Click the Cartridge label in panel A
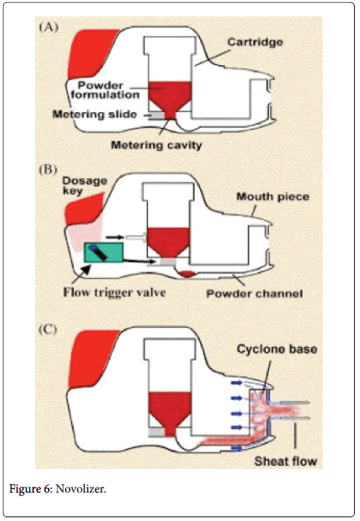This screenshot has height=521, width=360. coord(255,42)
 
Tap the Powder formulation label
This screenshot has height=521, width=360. coord(105,90)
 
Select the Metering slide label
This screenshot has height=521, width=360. coord(95,114)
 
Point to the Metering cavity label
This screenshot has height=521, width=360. coord(156,145)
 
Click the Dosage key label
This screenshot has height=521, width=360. coord(84,185)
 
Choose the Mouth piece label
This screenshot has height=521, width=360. coord(273,197)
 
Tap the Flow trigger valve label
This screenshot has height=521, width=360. coord(114,292)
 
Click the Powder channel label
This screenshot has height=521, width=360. coord(255,294)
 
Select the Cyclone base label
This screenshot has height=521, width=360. coord(276,349)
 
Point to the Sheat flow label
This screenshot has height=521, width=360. coord(285,461)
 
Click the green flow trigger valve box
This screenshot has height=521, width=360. coord(104,253)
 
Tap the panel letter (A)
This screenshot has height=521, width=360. coord(49,27)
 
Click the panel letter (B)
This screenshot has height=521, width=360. coord(48,170)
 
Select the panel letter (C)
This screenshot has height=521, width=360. coord(48,330)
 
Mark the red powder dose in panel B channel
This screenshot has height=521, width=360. coord(187,274)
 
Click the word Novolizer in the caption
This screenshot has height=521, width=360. coord(81,489)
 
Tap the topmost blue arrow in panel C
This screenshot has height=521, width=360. coord(237,383)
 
